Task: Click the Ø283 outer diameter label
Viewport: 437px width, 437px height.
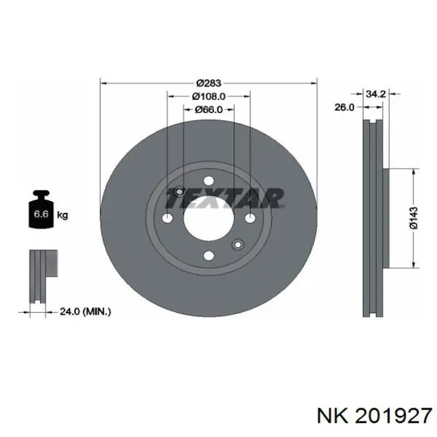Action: (x=209, y=83)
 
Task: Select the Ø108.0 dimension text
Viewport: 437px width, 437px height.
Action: (x=209, y=96)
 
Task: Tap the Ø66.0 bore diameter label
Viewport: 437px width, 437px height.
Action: (x=209, y=109)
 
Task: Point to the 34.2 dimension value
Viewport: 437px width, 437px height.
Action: (x=374, y=94)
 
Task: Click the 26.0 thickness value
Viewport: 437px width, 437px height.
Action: (x=344, y=107)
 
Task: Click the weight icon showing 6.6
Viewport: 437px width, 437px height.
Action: (x=41, y=212)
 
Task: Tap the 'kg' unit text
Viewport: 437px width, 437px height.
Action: (x=62, y=215)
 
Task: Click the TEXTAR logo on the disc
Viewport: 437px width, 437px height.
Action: (x=225, y=199)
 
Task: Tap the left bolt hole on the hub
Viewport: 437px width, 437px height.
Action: (x=167, y=219)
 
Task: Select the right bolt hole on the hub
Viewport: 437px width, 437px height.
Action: (x=250, y=218)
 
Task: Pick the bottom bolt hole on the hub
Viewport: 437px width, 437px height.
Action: (x=209, y=255)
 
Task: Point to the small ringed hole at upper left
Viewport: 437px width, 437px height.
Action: (x=179, y=191)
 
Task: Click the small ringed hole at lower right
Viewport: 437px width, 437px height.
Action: (x=237, y=244)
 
